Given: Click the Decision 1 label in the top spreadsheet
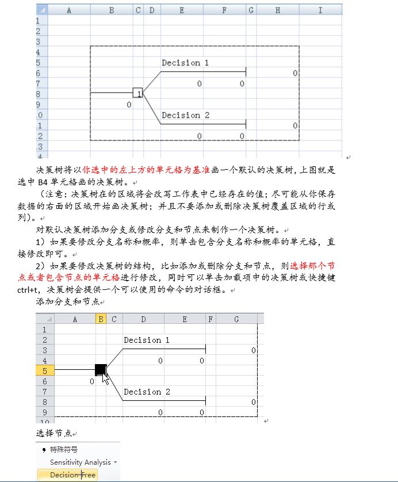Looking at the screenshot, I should [185, 63].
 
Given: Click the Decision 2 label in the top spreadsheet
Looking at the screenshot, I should [185, 115].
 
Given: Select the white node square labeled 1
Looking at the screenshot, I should [137, 93].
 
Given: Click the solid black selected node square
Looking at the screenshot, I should [101, 369].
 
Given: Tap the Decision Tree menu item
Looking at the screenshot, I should [72, 475].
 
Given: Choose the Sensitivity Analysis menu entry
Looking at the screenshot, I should [83, 462].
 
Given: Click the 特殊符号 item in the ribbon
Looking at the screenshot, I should [63, 450].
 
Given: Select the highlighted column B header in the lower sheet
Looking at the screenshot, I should [101, 319].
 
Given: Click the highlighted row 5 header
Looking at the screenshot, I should [45, 370].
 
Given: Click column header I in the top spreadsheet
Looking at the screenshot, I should [320, 10].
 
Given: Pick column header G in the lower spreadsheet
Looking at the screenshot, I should [236, 319].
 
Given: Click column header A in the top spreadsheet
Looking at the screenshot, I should [69, 10].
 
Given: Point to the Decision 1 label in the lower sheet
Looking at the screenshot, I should [147, 340].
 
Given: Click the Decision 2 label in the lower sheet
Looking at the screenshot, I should [147, 392].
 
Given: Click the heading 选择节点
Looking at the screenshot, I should [53, 433].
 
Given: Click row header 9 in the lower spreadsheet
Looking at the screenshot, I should [45, 412].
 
